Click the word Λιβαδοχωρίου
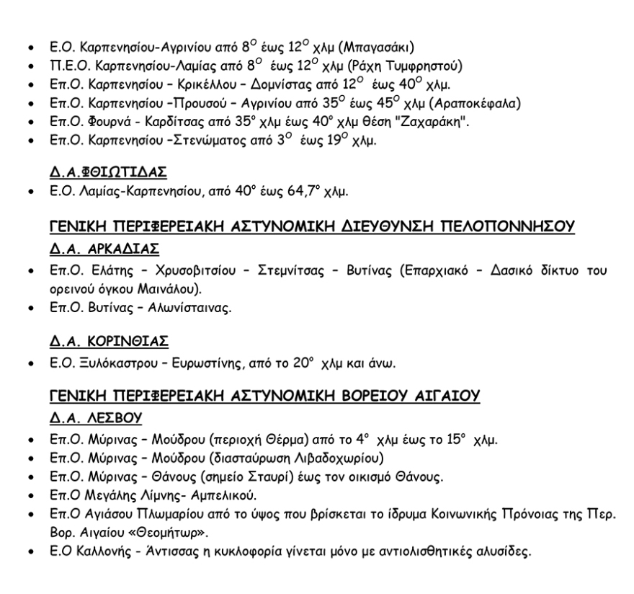coord(343,456)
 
